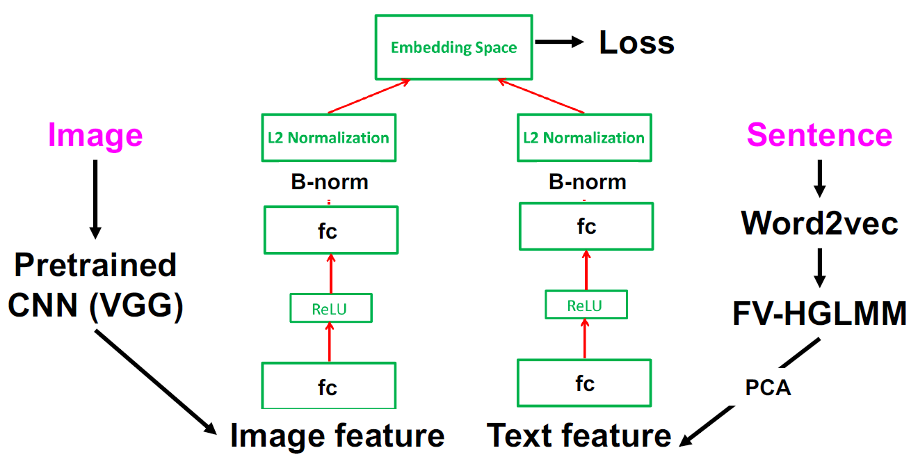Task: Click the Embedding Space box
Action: click(453, 47)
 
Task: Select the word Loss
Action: click(636, 43)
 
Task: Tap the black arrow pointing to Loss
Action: click(559, 42)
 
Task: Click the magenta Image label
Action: click(95, 135)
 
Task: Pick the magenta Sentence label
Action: click(819, 134)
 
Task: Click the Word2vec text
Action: click(819, 223)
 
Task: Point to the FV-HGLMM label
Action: click(819, 314)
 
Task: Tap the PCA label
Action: click(768, 388)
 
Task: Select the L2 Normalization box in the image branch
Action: click(328, 138)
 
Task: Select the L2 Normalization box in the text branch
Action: click(584, 138)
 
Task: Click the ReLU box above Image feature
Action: click(330, 308)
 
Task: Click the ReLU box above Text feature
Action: click(585, 305)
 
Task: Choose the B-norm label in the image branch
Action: click(329, 182)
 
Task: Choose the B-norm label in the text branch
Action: click(587, 182)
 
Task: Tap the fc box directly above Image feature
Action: click(328, 386)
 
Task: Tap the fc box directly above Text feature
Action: click(584, 383)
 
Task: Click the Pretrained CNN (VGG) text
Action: click(95, 285)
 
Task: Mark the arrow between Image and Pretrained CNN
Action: click(95, 198)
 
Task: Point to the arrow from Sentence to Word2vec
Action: click(819, 179)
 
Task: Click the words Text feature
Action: click(579, 436)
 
